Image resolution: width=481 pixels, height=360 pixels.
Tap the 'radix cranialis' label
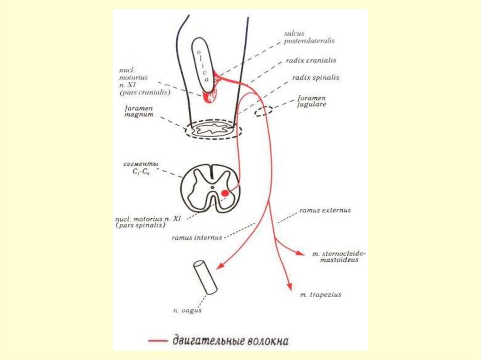(310, 61)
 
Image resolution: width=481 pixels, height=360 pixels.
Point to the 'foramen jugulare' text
(311, 101)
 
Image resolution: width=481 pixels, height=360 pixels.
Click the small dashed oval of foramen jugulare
(263, 112)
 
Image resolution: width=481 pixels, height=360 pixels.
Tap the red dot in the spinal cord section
(225, 192)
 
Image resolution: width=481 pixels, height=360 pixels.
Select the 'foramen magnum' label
(139, 112)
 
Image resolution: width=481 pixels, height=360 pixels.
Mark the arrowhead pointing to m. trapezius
(290, 287)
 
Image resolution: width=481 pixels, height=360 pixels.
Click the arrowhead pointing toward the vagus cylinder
(218, 266)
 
